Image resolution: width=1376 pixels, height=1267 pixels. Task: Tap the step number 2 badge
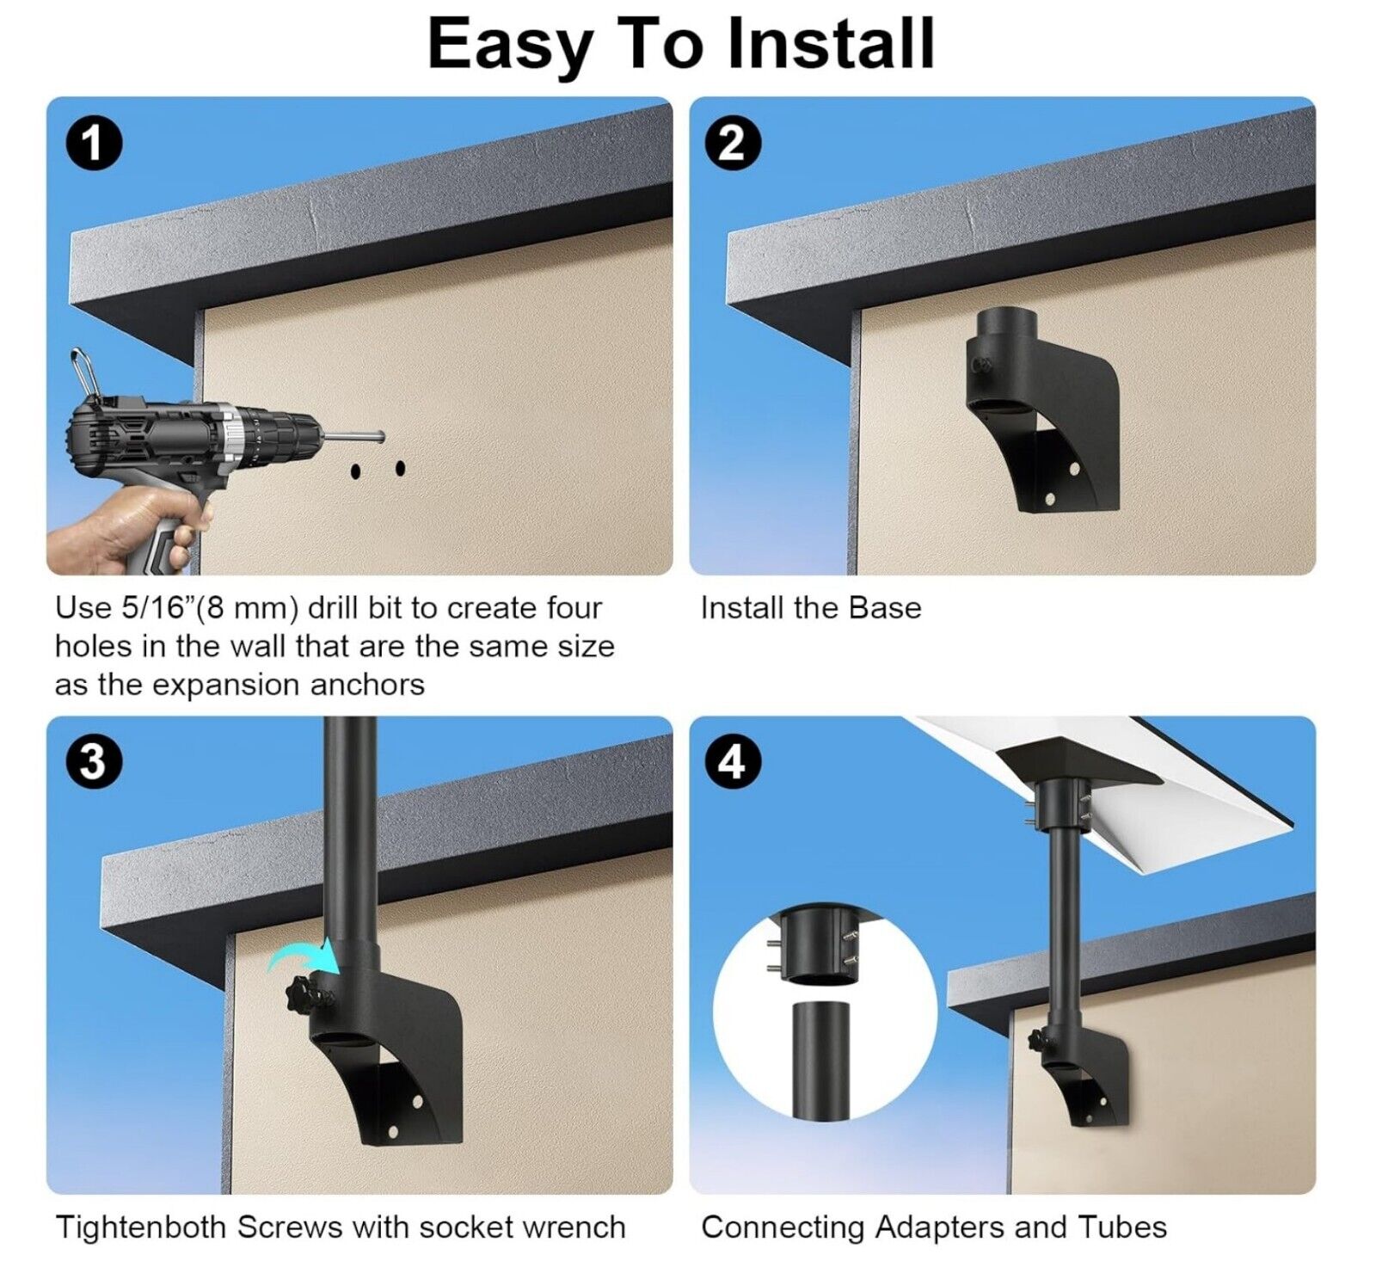click(732, 143)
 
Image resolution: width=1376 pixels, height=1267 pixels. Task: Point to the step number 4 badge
click(732, 761)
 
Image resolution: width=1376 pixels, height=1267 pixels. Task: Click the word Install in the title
click(831, 43)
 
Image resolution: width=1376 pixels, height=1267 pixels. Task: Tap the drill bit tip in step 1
click(380, 437)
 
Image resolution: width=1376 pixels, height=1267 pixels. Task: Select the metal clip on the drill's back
click(83, 372)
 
